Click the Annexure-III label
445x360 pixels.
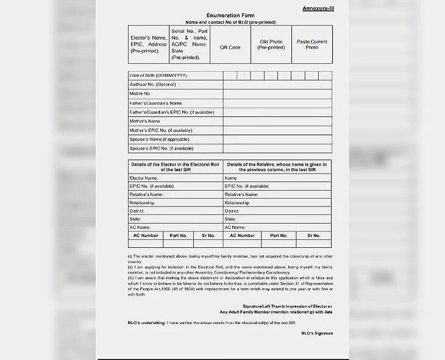pyautogui.click(x=317, y=8)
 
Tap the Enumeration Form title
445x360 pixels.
pyautogui.click(x=230, y=15)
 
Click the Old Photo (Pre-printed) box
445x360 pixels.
pyautogui.click(x=271, y=44)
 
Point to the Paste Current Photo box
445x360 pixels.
pyautogui.click(x=312, y=44)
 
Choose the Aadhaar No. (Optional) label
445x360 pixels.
pyautogui.click(x=152, y=85)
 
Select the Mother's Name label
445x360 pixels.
pyautogui.click(x=144, y=121)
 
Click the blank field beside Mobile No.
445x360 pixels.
pyautogui.click(x=277, y=94)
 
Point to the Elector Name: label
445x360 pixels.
pyautogui.click(x=144, y=178)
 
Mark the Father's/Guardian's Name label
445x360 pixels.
pyautogui.click(x=155, y=103)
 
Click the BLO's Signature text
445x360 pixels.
pyautogui.click(x=317, y=333)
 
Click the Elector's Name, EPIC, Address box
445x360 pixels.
pyautogui.click(x=149, y=44)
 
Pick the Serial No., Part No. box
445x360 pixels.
pyautogui.click(x=190, y=44)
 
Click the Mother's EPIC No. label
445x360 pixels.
pyautogui.click(x=161, y=130)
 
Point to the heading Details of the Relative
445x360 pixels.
pyautogui.click(x=277, y=166)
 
